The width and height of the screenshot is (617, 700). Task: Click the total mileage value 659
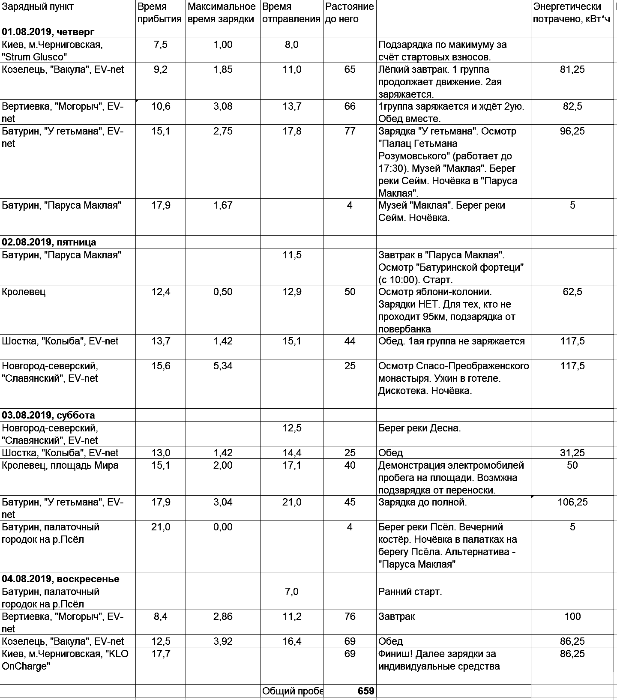[365, 691]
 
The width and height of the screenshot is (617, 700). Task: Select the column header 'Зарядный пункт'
[38, 7]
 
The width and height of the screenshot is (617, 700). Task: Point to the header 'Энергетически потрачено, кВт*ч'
[571, 13]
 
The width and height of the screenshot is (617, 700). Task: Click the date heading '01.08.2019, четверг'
[48, 32]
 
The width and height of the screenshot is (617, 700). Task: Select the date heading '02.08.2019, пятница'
[49, 242]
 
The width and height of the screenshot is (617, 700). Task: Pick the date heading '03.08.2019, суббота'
[48, 415]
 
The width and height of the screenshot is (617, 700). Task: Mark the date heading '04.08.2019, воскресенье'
[60, 579]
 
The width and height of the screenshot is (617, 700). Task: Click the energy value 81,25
[572, 69]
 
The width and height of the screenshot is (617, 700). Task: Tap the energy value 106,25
[572, 502]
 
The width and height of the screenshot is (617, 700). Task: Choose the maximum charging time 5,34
[223, 366]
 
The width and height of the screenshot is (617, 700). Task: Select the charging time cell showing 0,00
[223, 527]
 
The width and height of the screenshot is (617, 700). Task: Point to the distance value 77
[350, 131]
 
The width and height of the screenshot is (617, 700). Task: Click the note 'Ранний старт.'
[410, 592]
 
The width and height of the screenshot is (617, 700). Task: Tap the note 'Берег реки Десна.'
[419, 428]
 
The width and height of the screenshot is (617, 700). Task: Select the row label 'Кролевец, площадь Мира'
[60, 465]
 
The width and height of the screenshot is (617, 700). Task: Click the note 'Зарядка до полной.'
[422, 502]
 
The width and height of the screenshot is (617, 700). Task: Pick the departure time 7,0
[292, 592]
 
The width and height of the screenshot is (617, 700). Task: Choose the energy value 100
[572, 616]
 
